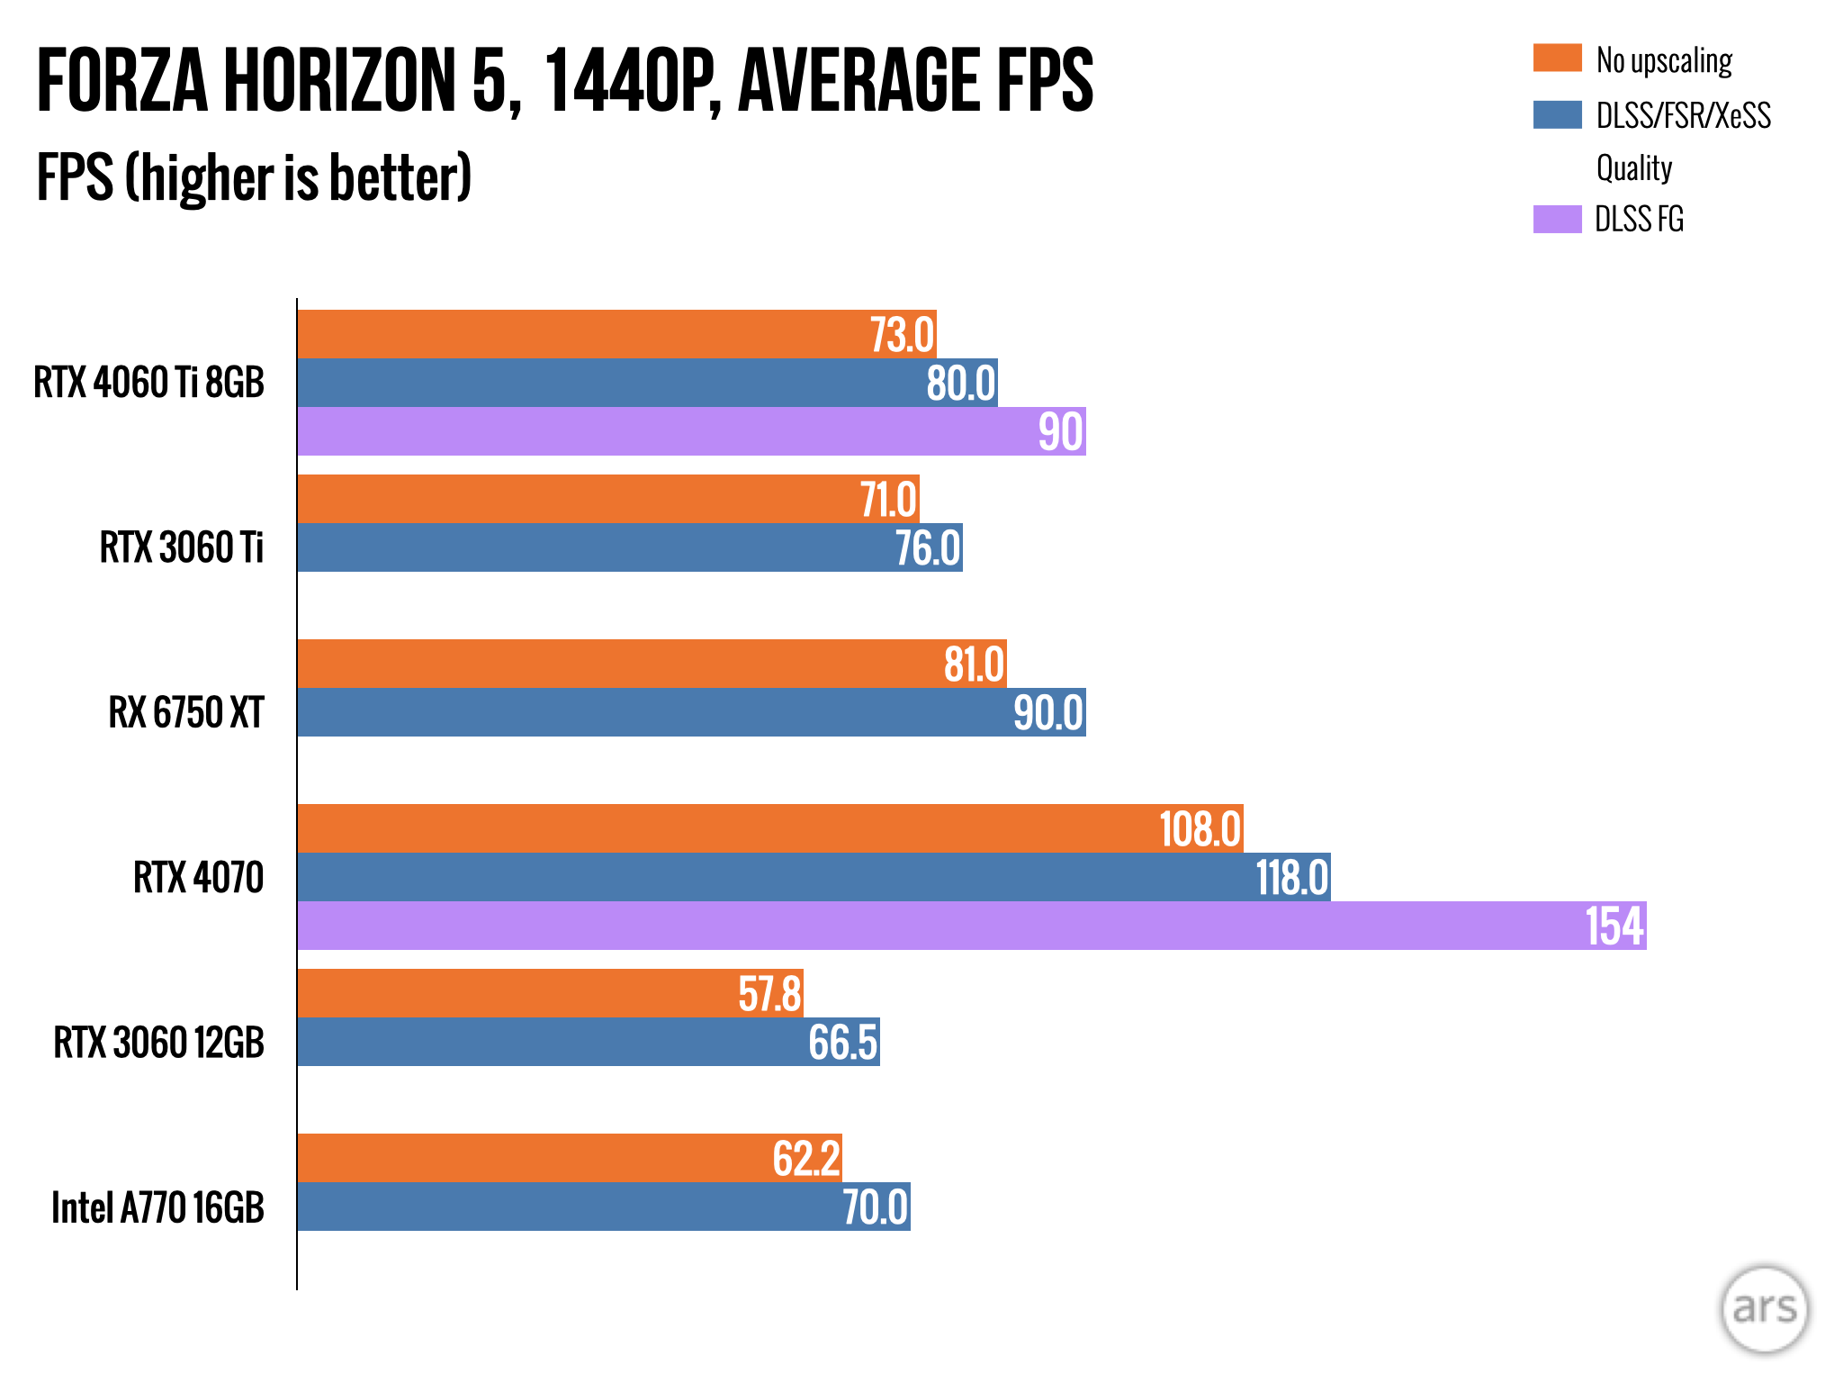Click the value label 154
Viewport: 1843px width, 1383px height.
tap(1614, 926)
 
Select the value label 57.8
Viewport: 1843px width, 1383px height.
tap(769, 994)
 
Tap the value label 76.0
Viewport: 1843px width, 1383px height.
tap(927, 548)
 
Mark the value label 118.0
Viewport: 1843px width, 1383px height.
tap(1291, 878)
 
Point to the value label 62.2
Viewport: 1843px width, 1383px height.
tap(806, 1159)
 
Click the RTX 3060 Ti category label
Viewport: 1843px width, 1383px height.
tap(181, 547)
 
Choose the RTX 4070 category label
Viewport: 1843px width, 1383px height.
tap(198, 878)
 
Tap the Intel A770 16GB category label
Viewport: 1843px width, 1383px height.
tap(157, 1207)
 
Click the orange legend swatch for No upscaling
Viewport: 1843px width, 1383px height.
tap(1557, 59)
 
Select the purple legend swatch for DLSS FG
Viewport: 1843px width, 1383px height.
tap(1557, 219)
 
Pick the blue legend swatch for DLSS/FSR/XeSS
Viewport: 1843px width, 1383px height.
tap(1557, 114)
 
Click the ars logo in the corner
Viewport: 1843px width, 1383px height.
tap(1764, 1308)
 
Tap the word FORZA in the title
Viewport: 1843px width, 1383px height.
tap(121, 81)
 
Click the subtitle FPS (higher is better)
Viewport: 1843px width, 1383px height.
tap(254, 177)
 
